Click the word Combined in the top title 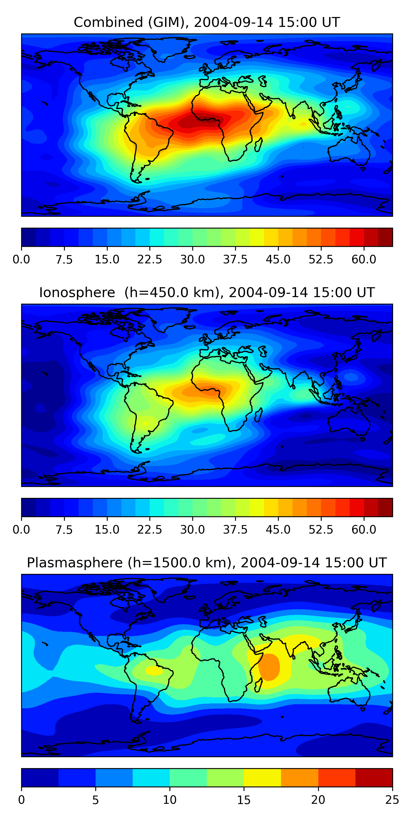[108, 23]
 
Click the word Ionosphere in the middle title [77, 293]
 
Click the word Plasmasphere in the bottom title [74, 563]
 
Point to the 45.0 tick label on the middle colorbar [278, 529]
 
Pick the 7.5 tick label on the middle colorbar [64, 529]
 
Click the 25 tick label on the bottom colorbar [392, 800]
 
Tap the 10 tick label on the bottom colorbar [169, 800]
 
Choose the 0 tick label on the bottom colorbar [21, 800]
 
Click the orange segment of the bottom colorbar [299, 777]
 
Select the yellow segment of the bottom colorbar [262, 777]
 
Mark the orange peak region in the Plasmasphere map [269, 667]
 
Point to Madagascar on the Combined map [259, 144]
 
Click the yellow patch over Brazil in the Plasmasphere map [154, 670]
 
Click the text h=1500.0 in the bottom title [179, 563]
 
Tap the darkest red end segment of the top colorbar [385, 237]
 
